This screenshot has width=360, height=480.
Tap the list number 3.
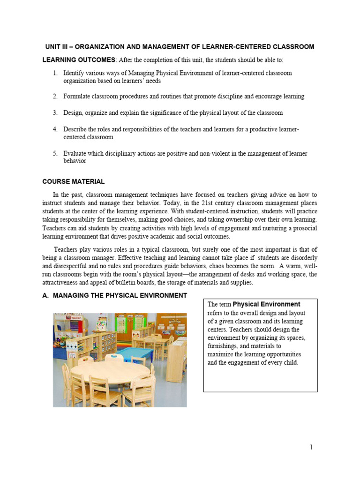click(x=54, y=113)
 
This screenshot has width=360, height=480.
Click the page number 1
click(x=311, y=447)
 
